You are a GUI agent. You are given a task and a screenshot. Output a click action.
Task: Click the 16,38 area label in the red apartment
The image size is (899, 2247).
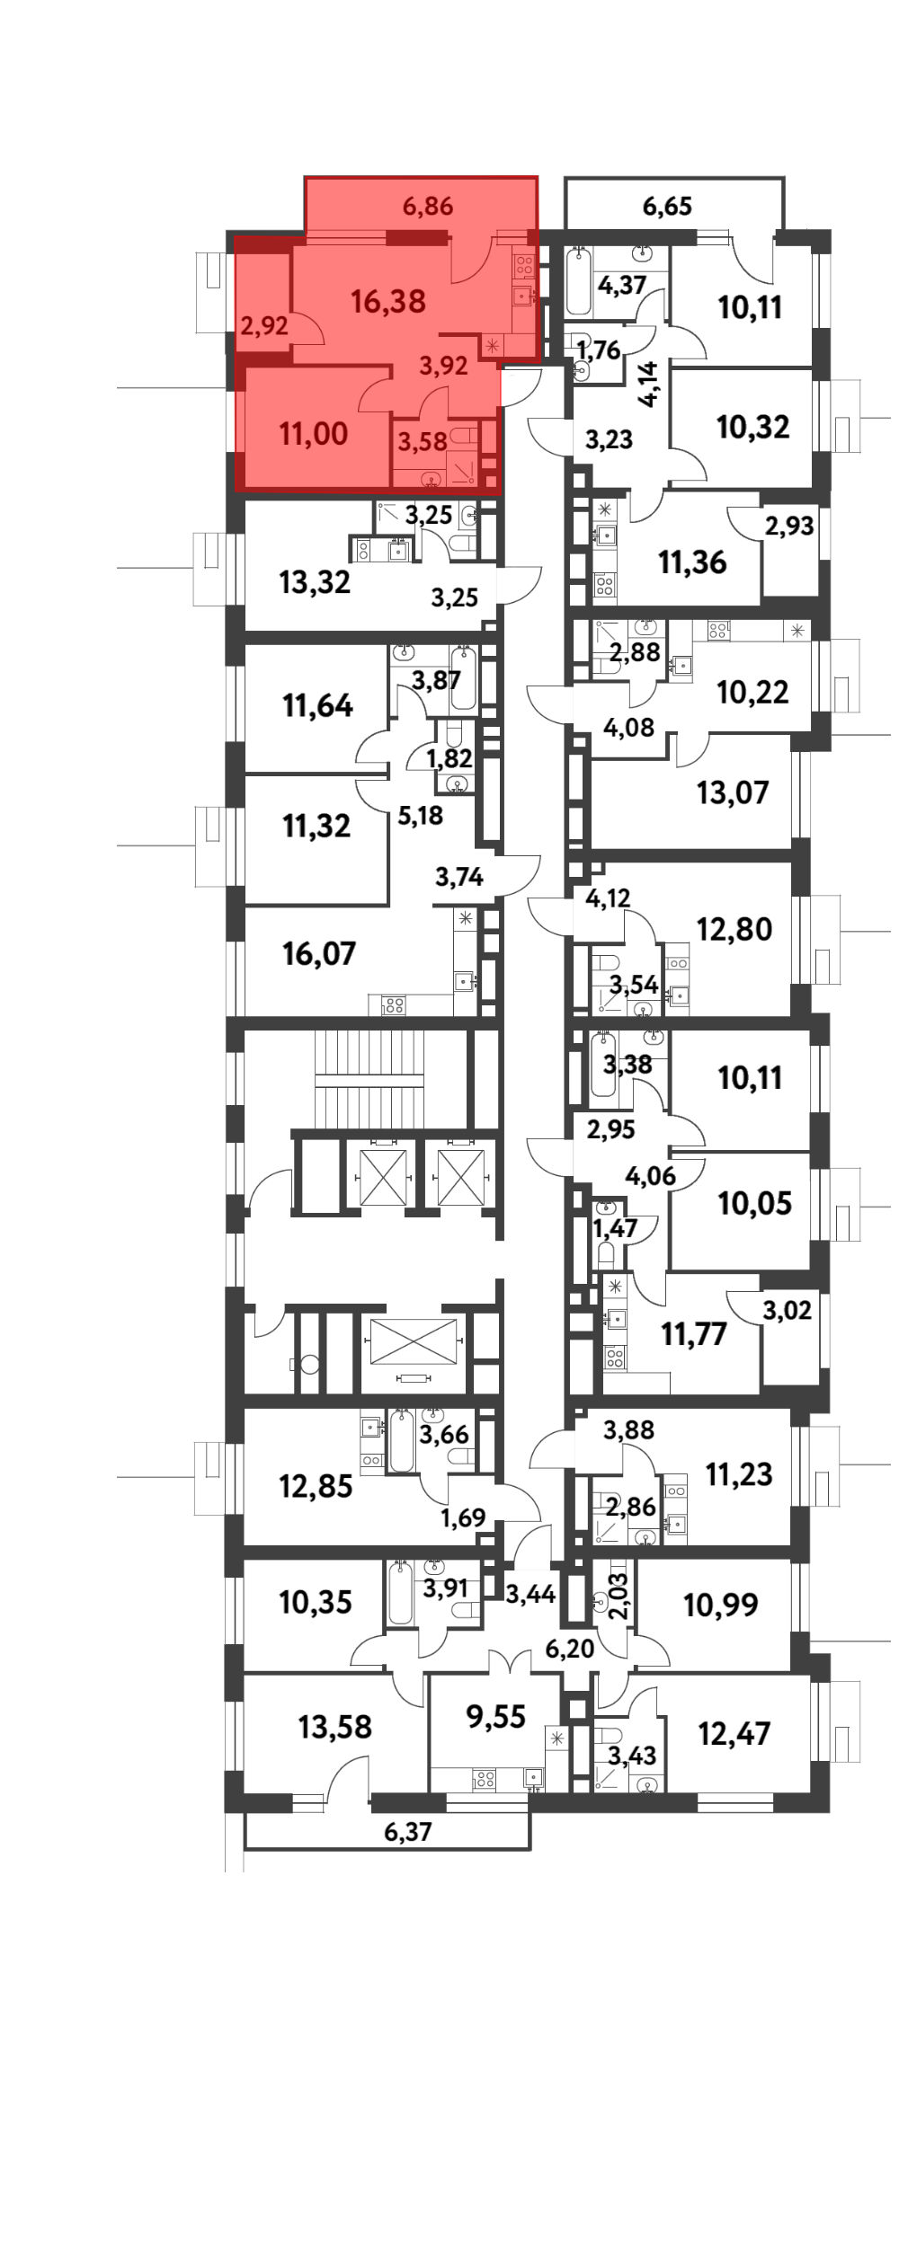point(388,301)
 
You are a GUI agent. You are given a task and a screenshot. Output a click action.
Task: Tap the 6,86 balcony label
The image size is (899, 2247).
point(428,207)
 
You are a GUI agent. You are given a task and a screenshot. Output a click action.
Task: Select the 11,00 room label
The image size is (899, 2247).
point(314,434)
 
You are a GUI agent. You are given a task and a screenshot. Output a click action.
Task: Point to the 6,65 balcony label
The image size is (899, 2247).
point(667,207)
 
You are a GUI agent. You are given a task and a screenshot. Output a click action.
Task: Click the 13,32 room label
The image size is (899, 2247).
point(315,582)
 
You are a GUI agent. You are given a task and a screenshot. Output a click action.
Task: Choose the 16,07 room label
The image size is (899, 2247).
point(319,953)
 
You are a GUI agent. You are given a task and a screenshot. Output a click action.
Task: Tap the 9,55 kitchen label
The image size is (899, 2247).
point(495,1716)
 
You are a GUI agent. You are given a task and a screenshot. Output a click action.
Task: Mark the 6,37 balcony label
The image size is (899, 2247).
point(408,1831)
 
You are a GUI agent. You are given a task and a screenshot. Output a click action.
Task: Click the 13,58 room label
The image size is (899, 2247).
point(335,1727)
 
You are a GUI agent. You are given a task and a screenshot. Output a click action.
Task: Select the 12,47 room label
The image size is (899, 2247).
point(734,1733)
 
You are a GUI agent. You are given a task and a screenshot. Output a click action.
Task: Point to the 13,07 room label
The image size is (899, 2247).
point(733,792)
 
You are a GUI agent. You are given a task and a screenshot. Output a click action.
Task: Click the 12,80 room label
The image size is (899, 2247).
point(734,929)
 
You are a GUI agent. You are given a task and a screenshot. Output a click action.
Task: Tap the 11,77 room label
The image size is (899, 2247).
point(694,1334)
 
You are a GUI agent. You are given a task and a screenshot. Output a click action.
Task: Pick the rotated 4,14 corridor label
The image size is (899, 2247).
point(649,385)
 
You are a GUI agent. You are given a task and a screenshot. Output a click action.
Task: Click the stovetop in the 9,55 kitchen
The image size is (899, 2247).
point(485,1778)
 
